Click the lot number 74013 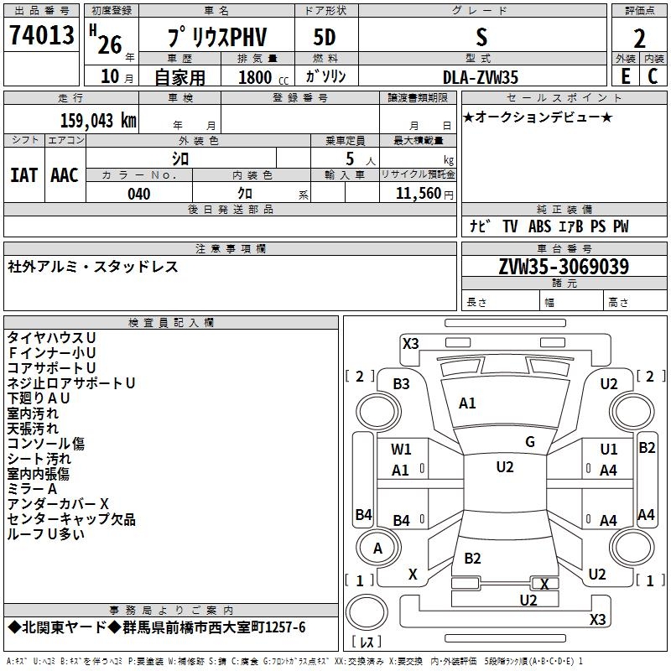tap(41, 37)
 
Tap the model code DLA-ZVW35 tap(480, 77)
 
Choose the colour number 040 tap(138, 194)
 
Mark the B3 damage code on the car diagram tap(402, 384)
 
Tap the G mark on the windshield tap(529, 441)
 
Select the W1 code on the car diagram tap(402, 450)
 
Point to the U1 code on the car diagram tap(608, 450)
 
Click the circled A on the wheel tap(377, 549)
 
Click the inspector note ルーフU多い tap(45, 534)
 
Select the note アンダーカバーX tap(58, 504)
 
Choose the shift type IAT tap(23, 174)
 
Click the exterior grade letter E tap(624, 75)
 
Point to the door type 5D tap(325, 38)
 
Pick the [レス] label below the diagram tap(367, 642)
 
